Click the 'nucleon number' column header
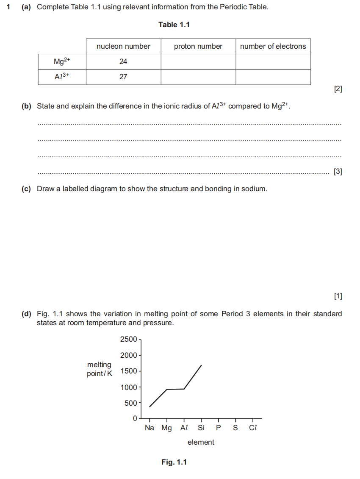(x=123, y=46)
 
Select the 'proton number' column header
(x=198, y=46)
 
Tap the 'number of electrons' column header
(x=273, y=46)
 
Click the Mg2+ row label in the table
(x=62, y=61)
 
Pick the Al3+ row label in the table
(x=62, y=77)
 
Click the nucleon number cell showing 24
(x=123, y=61)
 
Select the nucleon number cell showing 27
(x=123, y=77)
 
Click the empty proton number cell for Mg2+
(x=198, y=61)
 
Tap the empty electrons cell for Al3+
(x=273, y=77)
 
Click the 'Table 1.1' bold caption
(x=174, y=25)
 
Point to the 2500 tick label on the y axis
(x=129, y=339)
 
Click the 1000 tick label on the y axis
(x=129, y=387)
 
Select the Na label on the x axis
(x=150, y=428)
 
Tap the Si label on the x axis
(x=201, y=428)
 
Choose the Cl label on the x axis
(x=253, y=428)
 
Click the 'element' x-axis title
(x=201, y=442)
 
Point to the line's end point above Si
(x=201, y=365)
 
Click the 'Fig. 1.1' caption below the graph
(x=174, y=462)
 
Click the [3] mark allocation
(x=338, y=172)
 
